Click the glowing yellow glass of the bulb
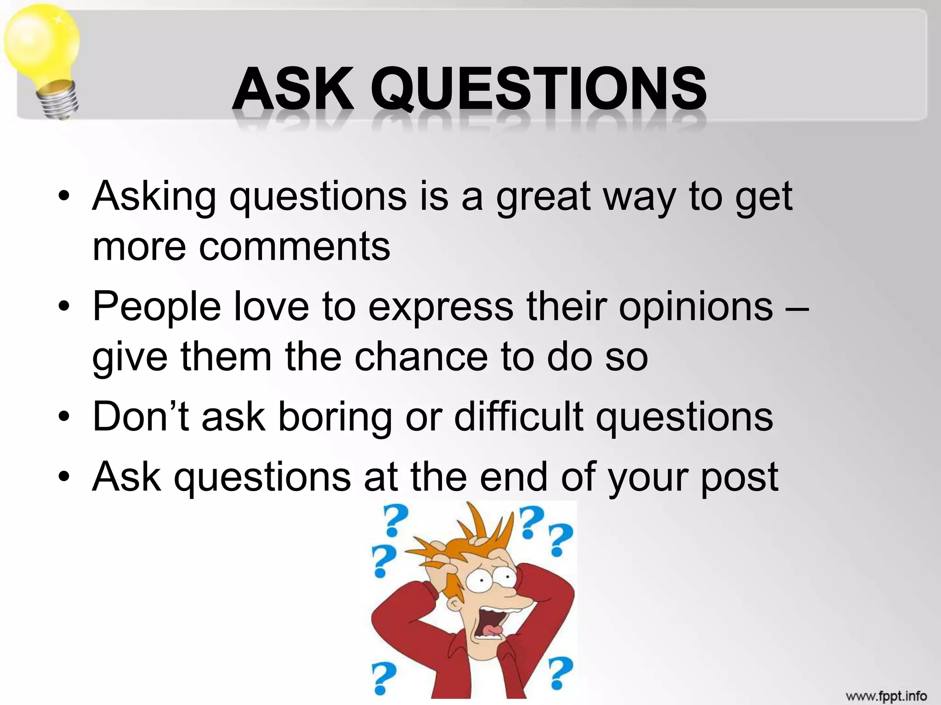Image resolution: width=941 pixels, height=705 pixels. [41, 44]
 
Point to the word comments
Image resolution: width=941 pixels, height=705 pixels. [294, 246]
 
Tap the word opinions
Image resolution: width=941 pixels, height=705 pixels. [696, 307]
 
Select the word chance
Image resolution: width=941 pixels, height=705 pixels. [421, 357]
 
